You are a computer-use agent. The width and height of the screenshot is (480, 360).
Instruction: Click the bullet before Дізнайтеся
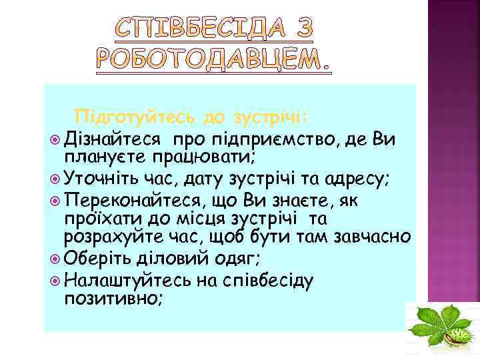(x=54, y=140)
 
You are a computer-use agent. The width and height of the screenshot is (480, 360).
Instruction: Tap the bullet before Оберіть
(x=54, y=258)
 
